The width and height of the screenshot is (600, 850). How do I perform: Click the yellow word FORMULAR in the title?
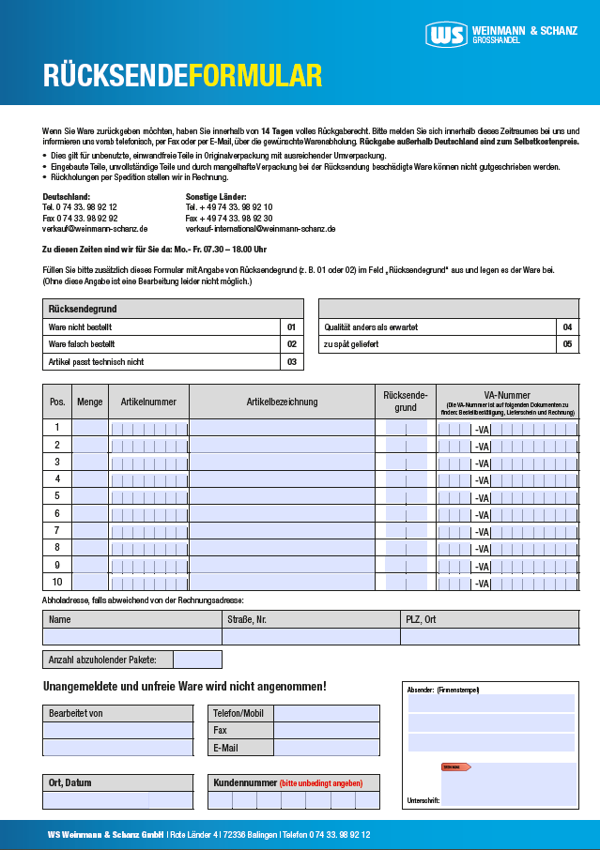click(x=255, y=76)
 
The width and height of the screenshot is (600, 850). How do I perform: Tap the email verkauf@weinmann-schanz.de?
click(x=95, y=229)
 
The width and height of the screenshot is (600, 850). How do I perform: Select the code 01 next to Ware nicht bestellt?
click(x=291, y=327)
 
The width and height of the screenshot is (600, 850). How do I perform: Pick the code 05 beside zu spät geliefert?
click(x=567, y=344)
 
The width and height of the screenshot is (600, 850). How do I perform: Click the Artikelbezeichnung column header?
click(x=282, y=402)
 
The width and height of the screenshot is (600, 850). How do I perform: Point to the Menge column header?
click(x=90, y=402)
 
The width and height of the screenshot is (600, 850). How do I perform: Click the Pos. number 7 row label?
click(x=57, y=530)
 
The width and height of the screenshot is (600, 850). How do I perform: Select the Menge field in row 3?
click(x=90, y=462)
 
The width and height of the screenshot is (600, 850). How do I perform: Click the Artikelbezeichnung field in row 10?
click(x=282, y=582)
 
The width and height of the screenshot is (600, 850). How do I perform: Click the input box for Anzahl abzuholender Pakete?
click(x=197, y=660)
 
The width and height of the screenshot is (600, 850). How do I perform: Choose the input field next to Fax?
click(x=326, y=730)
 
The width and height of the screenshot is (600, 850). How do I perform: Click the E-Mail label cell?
click(x=239, y=748)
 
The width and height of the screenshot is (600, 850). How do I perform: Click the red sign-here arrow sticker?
click(x=455, y=767)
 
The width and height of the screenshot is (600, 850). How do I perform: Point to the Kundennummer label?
click(x=245, y=782)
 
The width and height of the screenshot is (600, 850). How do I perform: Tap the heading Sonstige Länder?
click(x=216, y=196)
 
